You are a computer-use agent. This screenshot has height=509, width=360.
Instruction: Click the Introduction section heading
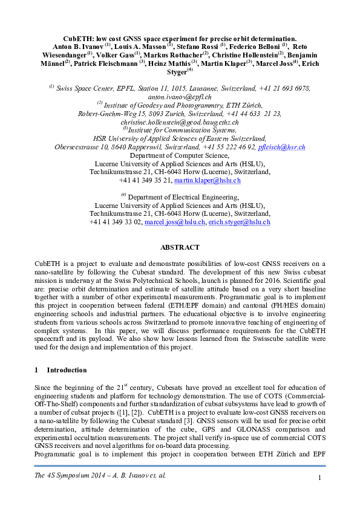tap(67, 370)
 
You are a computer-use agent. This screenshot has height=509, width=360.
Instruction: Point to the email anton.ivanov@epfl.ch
tap(180, 96)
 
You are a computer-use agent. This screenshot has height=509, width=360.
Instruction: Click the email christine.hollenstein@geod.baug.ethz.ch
tap(180, 122)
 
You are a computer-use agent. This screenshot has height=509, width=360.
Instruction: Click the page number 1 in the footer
tap(318, 479)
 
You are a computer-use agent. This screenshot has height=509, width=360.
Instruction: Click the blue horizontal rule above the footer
tap(180, 466)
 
